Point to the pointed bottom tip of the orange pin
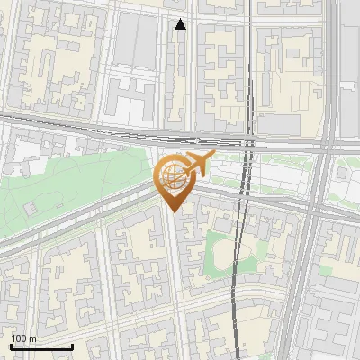pos(171,211)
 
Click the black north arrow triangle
pos(181,24)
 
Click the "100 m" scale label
pos(25,338)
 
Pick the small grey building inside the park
pos(31,208)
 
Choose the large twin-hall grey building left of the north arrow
pos(135,40)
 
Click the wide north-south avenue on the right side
pos(310,252)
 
